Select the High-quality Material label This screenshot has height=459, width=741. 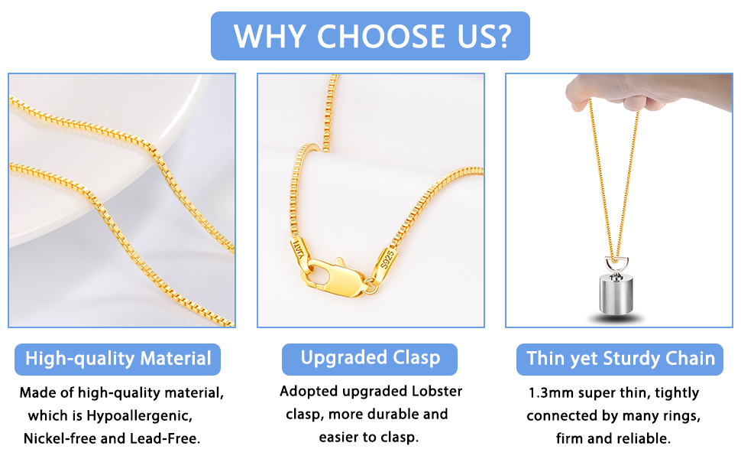pos(118,359)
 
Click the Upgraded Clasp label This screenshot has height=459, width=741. pos(370,358)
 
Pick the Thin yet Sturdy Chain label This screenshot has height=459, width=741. pos(620,359)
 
